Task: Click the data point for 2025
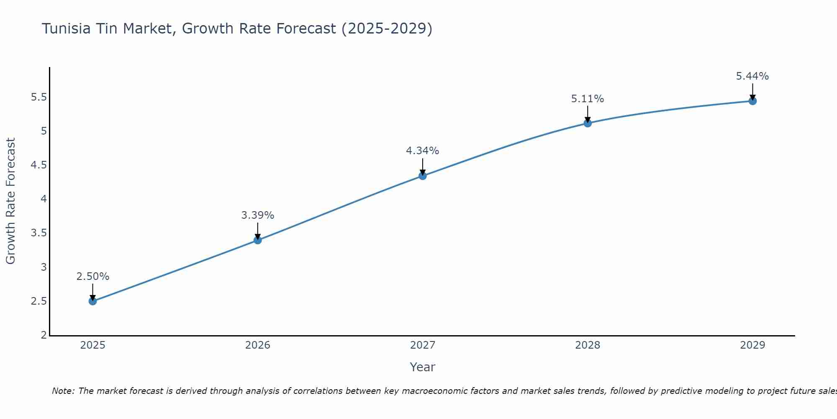click(x=93, y=301)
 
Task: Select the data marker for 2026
click(x=258, y=240)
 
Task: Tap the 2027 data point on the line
click(x=423, y=176)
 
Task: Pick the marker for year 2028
click(x=588, y=123)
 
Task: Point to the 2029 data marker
click(x=752, y=101)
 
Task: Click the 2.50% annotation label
click(x=93, y=277)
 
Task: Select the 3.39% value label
click(x=258, y=215)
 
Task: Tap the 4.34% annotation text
click(x=423, y=151)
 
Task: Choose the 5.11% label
click(x=588, y=99)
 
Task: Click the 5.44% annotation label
click(x=752, y=76)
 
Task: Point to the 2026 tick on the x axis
click(x=258, y=345)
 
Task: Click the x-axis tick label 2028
click(x=588, y=345)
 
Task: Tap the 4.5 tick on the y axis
click(x=39, y=165)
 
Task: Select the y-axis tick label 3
click(x=44, y=267)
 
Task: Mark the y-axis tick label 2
click(x=44, y=335)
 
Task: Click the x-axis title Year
click(x=423, y=367)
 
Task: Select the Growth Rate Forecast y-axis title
click(x=10, y=201)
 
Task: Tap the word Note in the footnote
click(x=62, y=391)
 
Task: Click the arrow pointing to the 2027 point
click(x=423, y=166)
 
